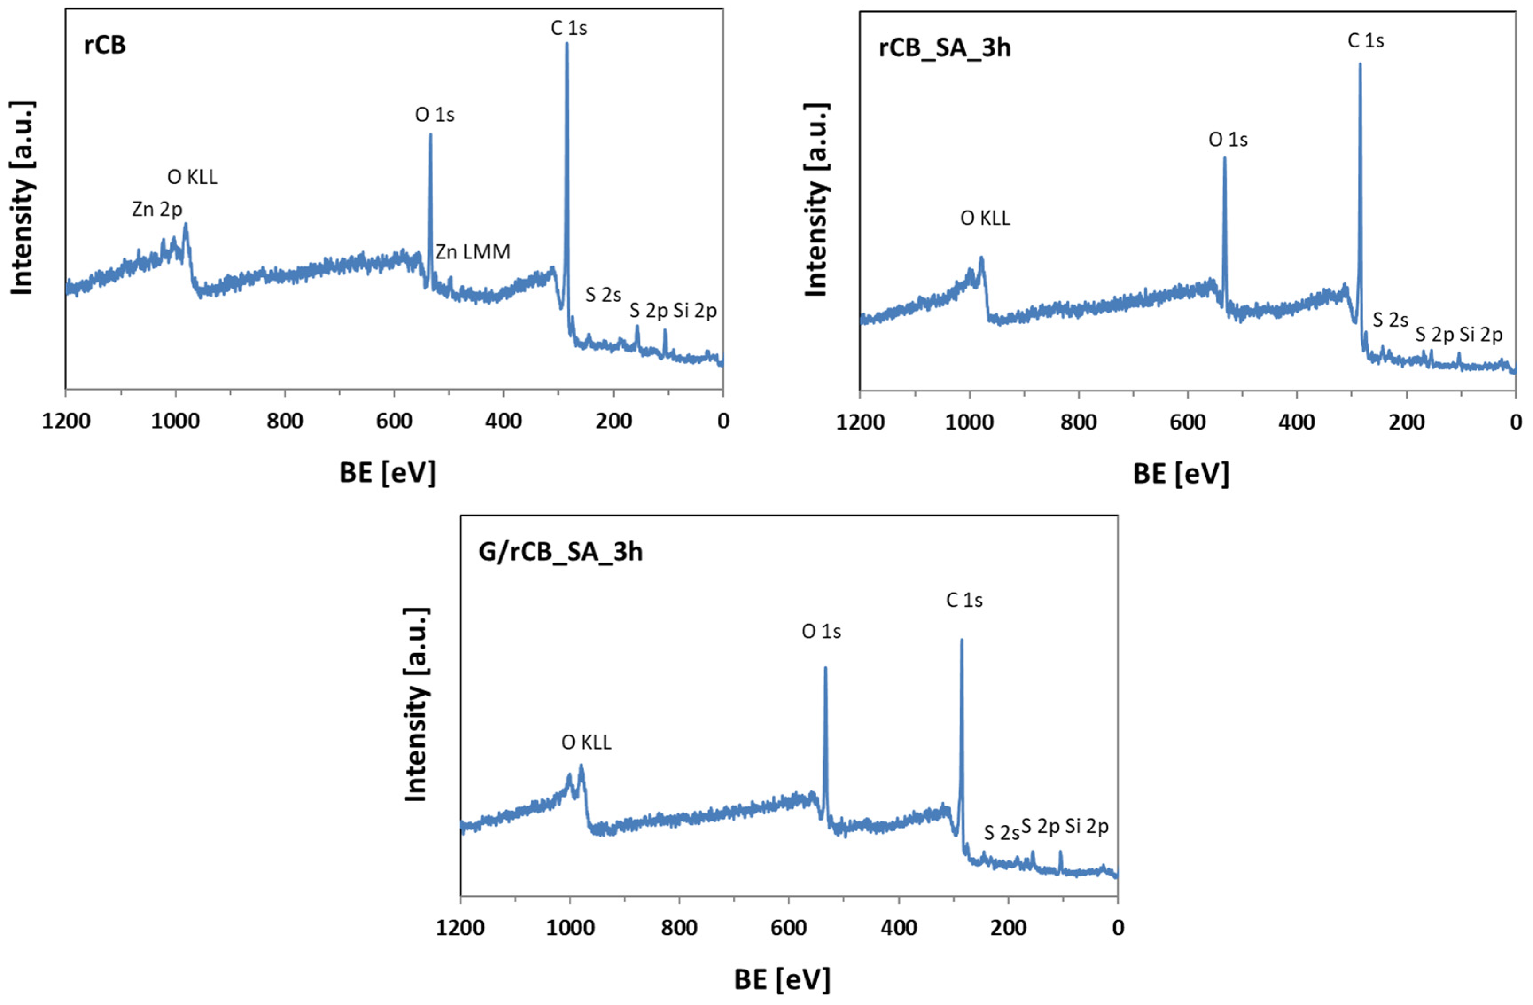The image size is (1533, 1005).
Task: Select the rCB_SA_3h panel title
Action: pos(944,48)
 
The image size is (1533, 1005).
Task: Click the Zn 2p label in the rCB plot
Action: pos(157,209)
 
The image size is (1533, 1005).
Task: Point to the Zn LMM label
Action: pos(473,252)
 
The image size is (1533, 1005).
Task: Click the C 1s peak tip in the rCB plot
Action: pos(567,44)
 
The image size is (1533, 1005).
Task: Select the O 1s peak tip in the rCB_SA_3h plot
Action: pos(1225,158)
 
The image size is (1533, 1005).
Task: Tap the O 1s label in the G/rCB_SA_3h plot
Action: pos(821,631)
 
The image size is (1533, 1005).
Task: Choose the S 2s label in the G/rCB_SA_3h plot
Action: pos(1001,833)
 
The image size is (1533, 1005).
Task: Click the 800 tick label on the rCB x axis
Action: pos(285,421)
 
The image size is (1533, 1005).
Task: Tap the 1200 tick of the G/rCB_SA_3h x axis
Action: pos(460,928)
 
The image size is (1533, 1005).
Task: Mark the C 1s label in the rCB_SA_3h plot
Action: pos(1365,41)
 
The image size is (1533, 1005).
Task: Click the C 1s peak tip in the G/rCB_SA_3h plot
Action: pos(962,640)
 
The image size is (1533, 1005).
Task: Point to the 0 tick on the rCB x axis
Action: pos(723,421)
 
